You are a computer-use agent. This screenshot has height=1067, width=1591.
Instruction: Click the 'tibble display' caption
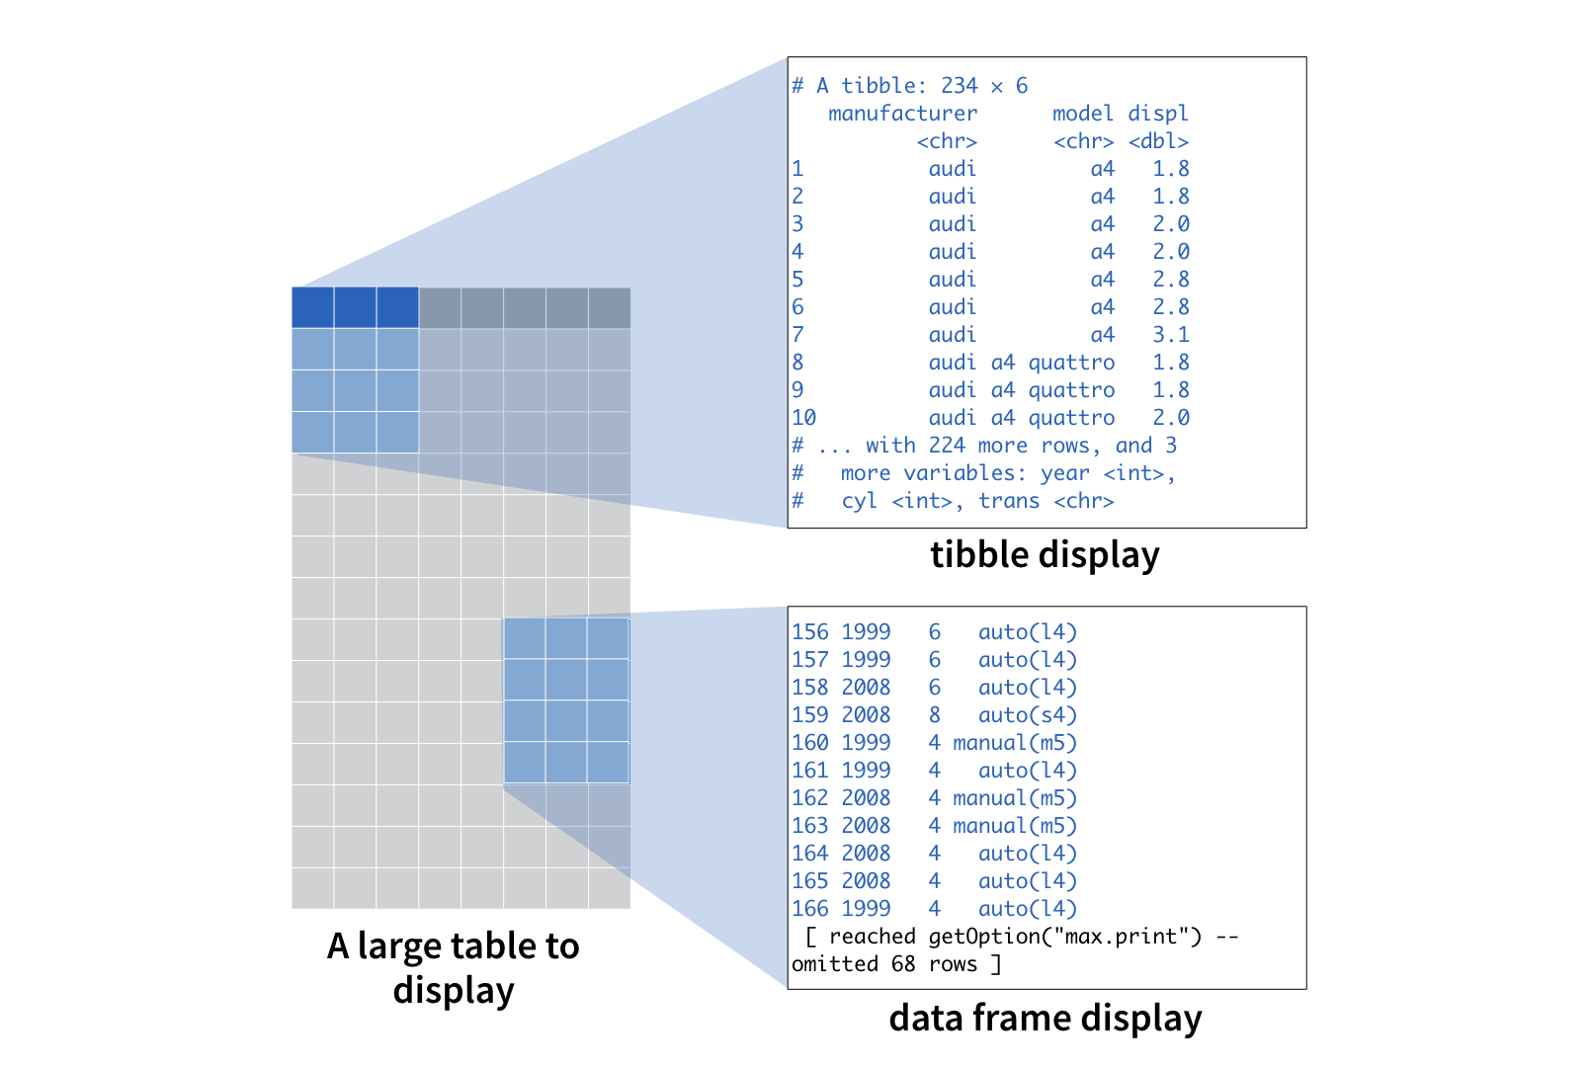point(1045,555)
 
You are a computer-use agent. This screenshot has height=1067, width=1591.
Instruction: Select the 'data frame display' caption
point(1045,1018)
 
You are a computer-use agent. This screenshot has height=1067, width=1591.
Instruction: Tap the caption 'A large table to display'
point(454,967)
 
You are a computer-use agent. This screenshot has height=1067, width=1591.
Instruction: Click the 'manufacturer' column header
point(902,114)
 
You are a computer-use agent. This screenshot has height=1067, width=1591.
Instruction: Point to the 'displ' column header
point(1158,114)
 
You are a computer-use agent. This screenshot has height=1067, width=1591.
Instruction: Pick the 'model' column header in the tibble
point(1082,114)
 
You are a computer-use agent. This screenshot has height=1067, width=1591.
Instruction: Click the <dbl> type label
point(1158,141)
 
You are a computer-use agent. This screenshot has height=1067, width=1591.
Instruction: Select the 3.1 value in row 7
point(1171,335)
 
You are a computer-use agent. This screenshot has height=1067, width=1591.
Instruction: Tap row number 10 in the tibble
point(804,418)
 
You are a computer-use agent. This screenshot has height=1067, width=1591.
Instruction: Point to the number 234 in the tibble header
point(960,86)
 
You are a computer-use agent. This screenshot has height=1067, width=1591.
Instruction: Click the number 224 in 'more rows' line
point(947,446)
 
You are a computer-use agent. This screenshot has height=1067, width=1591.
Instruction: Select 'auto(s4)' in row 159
point(1028,715)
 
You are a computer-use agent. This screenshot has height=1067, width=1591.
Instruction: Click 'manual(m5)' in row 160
point(1015,743)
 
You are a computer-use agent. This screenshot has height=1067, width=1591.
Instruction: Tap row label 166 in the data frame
point(810,909)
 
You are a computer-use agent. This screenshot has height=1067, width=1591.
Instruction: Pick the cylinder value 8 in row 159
point(935,715)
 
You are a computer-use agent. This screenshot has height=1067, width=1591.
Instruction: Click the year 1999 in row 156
point(867,632)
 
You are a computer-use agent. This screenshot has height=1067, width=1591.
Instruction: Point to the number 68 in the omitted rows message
point(903,964)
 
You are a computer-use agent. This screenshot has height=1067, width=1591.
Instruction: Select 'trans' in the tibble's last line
point(1009,501)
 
